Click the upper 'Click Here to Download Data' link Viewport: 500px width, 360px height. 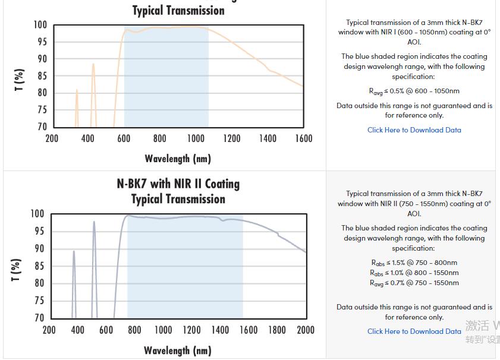pyautogui.click(x=414, y=130)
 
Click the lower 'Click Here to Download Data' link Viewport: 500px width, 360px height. pyautogui.click(x=414, y=331)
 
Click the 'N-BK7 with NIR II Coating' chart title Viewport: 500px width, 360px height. pyautogui.click(x=178, y=184)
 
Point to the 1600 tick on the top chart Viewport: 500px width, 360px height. pyautogui.click(x=303, y=138)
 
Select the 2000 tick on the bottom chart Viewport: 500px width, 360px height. pyautogui.click(x=306, y=330)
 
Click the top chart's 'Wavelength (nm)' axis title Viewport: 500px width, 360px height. pyautogui.click(x=178, y=159)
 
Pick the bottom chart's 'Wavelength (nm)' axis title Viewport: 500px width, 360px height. pyautogui.click(x=178, y=350)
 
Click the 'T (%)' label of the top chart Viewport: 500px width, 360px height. pyautogui.click(x=20, y=80)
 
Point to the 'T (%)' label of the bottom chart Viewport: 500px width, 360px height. pyautogui.click(x=17, y=270)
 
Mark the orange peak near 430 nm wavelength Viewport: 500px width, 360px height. pyautogui.click(x=93, y=64)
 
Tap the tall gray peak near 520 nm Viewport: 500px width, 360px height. pyautogui.click(x=94, y=222)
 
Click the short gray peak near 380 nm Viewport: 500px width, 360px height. pyautogui.click(x=74, y=252)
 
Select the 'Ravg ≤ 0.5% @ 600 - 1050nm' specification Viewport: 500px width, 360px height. pyautogui.click(x=414, y=91)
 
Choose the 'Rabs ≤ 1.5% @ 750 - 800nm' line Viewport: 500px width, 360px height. pyautogui.click(x=414, y=263)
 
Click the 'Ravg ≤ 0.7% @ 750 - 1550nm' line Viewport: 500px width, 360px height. pyautogui.click(x=414, y=283)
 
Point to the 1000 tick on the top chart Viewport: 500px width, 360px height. pyautogui.click(x=196, y=138)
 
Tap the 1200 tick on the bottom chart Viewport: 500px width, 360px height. pyautogui.click(x=191, y=330)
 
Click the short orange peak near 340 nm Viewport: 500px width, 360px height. pyautogui.click(x=77, y=91)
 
